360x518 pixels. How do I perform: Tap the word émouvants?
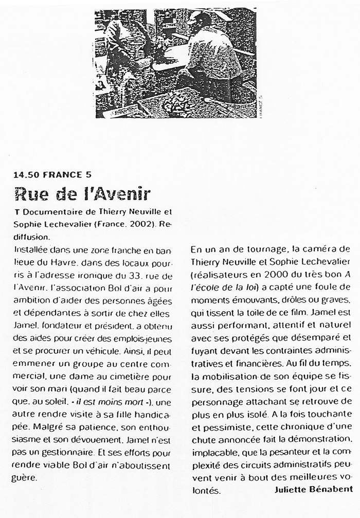pos(255,300)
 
